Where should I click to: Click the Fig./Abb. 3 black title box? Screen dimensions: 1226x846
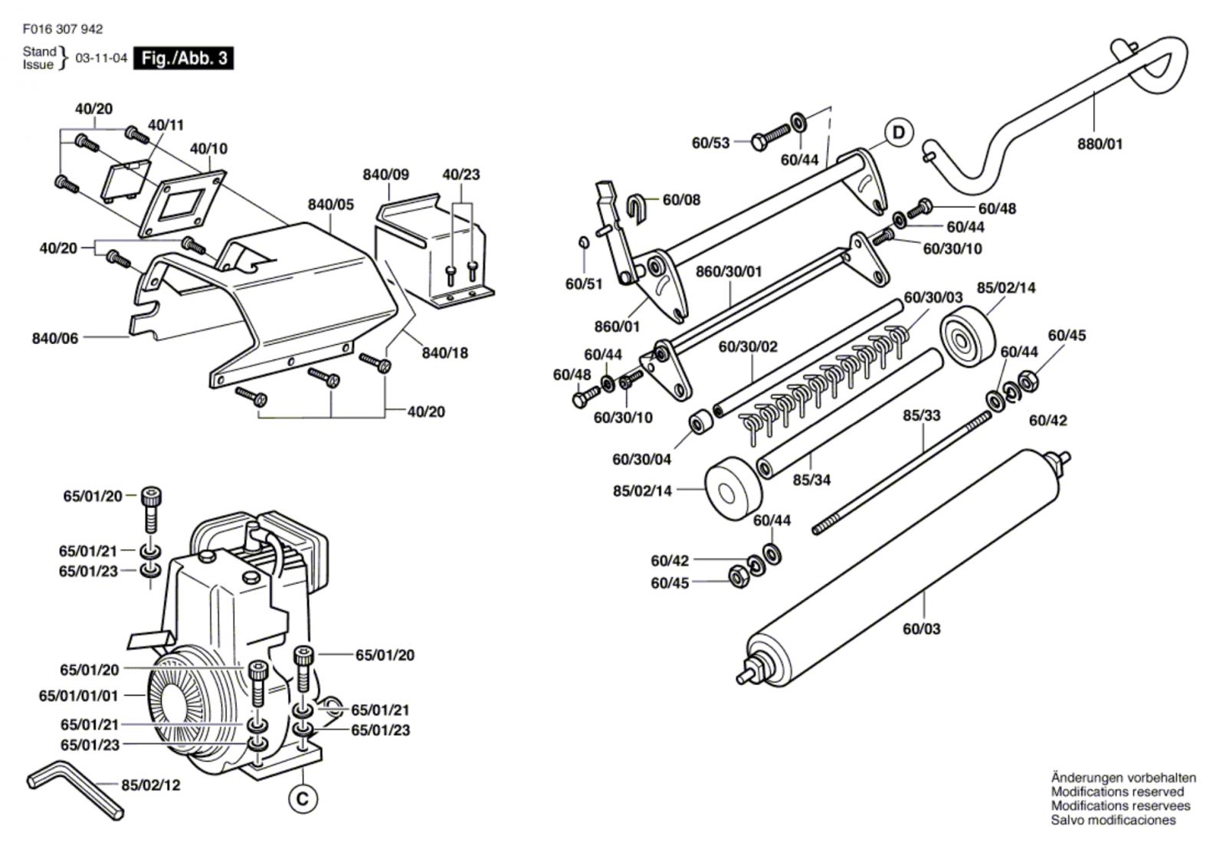pos(183,58)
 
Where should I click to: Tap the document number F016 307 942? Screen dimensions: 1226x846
pos(63,29)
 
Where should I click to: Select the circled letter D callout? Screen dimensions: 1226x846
pos(899,133)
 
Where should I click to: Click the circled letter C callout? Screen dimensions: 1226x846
pos(303,799)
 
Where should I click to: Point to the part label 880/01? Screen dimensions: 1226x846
pos(1100,144)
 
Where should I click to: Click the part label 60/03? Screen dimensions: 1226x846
pos(922,629)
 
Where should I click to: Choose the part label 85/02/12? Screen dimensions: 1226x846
pos(150,785)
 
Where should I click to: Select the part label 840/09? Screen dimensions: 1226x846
pos(386,175)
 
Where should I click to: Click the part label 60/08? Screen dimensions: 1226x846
pos(681,200)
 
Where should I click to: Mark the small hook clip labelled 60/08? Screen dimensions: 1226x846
pos(637,208)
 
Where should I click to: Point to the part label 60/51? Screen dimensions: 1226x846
pos(584,284)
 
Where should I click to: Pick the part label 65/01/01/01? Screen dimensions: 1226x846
pos(78,696)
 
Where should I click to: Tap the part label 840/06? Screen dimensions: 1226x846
pos(55,338)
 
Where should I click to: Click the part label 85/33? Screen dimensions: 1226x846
pos(922,415)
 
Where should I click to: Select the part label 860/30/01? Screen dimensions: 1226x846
pos(729,271)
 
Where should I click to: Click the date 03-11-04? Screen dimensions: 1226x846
pos(101,58)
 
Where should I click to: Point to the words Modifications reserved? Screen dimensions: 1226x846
pos(1118,792)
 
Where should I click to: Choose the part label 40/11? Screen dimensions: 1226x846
pos(166,125)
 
